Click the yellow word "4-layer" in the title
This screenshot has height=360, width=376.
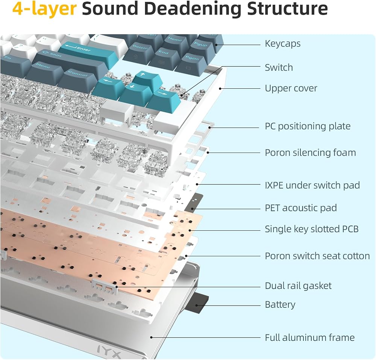(x=44, y=9)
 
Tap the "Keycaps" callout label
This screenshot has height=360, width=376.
(x=282, y=44)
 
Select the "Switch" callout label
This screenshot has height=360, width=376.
(x=279, y=68)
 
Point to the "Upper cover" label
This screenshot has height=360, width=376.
(x=291, y=89)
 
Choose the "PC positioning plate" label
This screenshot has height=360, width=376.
(x=308, y=126)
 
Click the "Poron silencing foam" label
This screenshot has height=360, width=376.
(x=310, y=153)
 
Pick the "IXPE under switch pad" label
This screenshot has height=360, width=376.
(x=312, y=185)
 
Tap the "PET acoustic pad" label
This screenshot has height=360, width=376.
(x=301, y=208)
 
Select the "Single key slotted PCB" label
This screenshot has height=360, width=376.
(x=311, y=229)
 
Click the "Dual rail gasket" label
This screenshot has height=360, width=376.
(x=298, y=286)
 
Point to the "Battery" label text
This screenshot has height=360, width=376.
(x=280, y=305)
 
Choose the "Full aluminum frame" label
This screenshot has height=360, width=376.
(x=309, y=338)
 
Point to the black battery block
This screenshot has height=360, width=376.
(x=197, y=303)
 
